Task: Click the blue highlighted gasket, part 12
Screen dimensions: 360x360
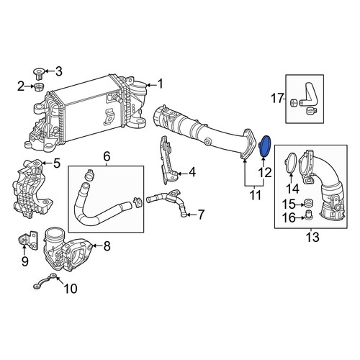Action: coord(265,146)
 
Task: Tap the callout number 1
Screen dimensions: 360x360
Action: coord(160,84)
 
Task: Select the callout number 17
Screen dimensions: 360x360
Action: coord(277,99)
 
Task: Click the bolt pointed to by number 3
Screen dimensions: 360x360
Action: coord(37,73)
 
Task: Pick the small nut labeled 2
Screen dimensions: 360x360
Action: coord(39,86)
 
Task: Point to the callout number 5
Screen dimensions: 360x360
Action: coord(57,163)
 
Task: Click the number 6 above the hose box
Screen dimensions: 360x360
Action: coord(107,157)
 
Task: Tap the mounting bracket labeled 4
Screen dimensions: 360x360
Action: coord(168,161)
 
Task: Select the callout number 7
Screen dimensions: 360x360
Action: coord(200,214)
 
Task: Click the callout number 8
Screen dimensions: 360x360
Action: coord(107,246)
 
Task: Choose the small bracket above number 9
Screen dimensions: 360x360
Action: coord(28,240)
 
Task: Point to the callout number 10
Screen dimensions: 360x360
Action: coord(71,289)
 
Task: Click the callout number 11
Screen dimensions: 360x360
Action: coord(256,195)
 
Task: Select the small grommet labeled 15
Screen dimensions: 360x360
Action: coord(307,203)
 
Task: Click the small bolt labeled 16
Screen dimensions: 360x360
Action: coord(307,215)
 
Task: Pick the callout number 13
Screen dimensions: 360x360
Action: coord(312,237)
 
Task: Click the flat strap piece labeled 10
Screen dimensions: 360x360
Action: coord(45,282)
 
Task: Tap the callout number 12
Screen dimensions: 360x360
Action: coord(265,172)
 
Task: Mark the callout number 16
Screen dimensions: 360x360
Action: coord(289,218)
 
